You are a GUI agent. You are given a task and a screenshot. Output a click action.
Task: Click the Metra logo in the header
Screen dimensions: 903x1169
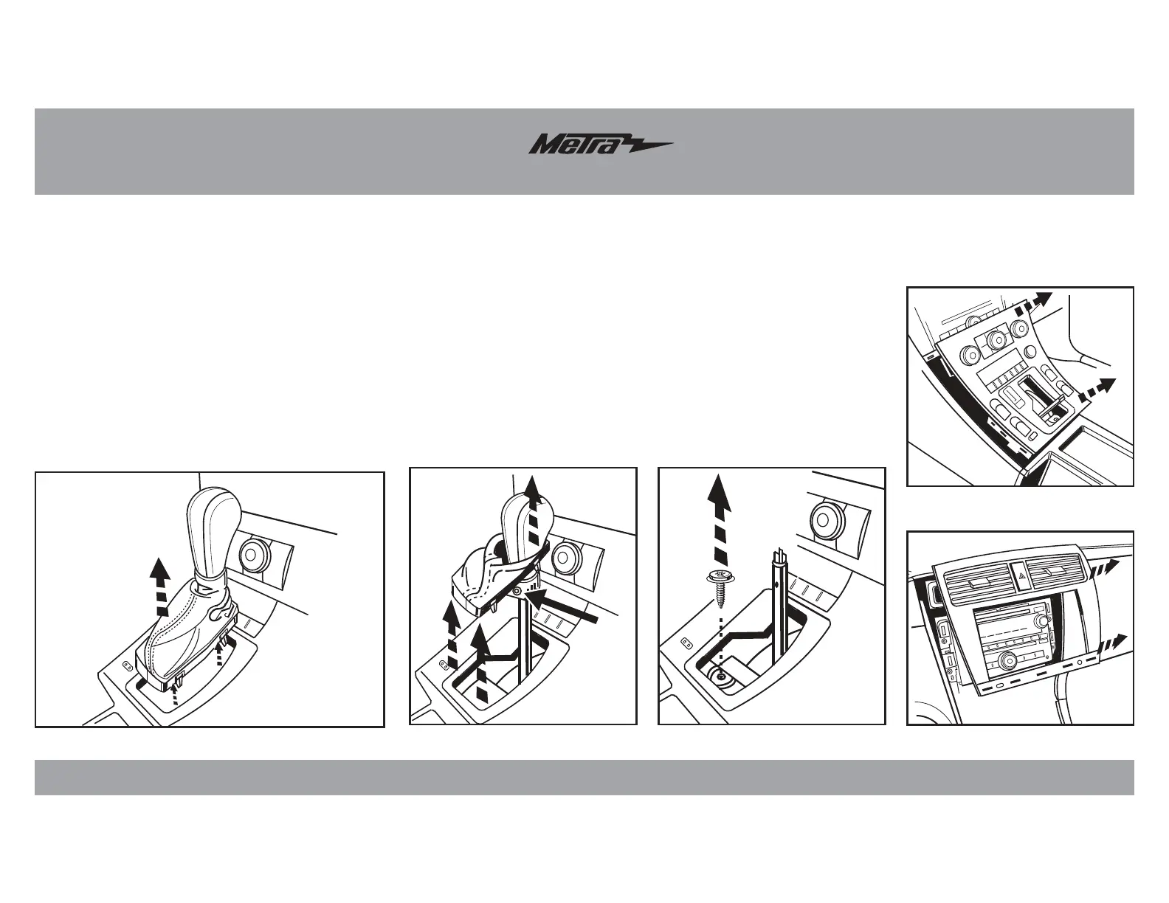click(599, 144)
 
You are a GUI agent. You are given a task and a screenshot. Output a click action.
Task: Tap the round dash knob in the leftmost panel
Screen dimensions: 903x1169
click(254, 553)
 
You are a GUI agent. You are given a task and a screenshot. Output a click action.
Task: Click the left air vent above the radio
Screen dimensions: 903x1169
click(976, 581)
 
